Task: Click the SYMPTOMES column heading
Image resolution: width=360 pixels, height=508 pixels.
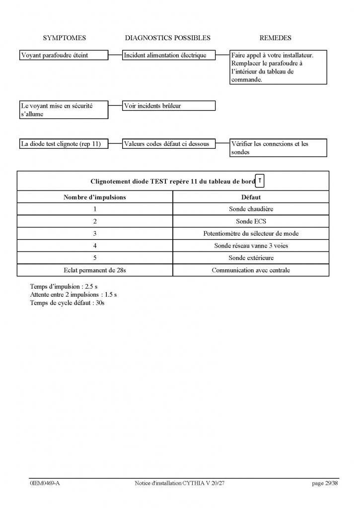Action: (64, 38)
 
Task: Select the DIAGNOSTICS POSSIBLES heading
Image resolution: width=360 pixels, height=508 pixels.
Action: (167, 38)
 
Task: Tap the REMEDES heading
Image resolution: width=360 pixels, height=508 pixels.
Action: (275, 38)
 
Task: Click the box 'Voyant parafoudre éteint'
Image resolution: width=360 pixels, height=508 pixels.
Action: (63, 56)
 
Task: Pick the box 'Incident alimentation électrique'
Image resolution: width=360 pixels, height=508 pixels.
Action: (169, 56)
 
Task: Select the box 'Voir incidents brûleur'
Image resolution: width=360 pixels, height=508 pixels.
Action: (169, 106)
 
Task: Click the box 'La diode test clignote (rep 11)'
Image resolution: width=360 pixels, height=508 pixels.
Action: (63, 144)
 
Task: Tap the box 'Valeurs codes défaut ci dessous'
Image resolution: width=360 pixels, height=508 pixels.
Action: (169, 144)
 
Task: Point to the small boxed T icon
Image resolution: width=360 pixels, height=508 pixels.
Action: (260, 181)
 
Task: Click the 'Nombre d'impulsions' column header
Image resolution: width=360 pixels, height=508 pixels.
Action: (94, 197)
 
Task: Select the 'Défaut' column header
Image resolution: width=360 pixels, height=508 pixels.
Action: (251, 197)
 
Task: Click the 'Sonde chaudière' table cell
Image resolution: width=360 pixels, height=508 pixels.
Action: (251, 209)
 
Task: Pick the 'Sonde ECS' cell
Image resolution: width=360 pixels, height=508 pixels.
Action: (251, 221)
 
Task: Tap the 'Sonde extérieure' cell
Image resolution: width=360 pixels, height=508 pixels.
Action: (251, 258)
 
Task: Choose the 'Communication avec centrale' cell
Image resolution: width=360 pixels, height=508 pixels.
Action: (251, 270)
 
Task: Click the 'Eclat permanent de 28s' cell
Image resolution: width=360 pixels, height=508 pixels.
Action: (94, 270)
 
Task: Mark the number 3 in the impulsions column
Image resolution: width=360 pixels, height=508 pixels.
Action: (94, 234)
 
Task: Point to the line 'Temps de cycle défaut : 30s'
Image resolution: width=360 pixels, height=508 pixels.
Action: (67, 302)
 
